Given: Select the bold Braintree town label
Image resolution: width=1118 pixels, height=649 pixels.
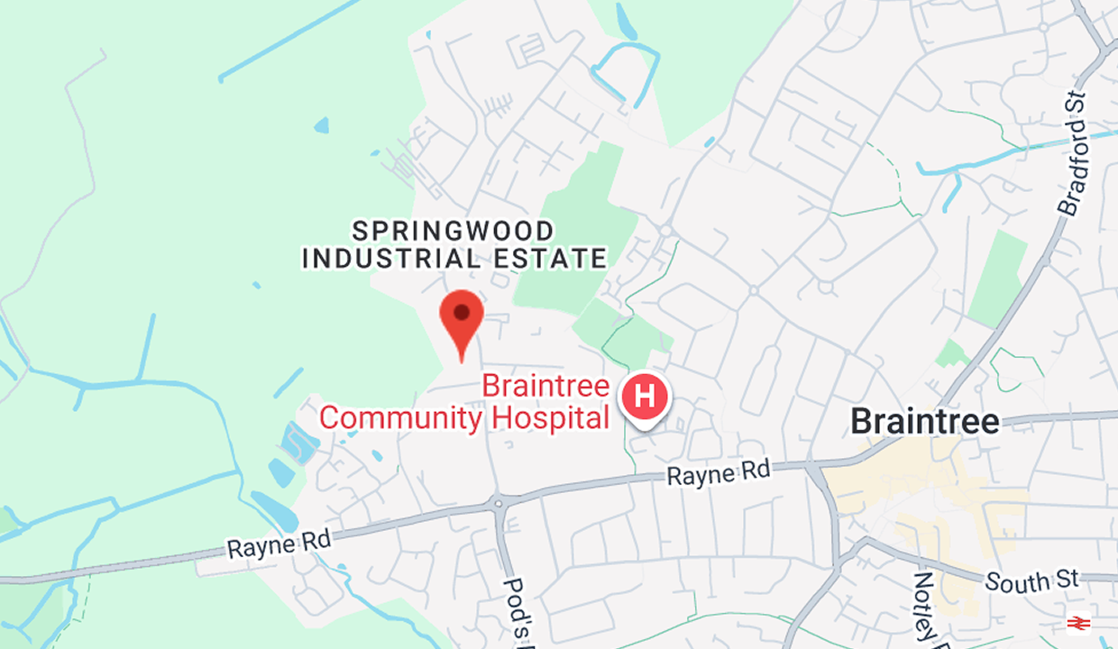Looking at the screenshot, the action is [x=925, y=422].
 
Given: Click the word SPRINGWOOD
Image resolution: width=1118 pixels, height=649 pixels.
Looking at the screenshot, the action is [x=453, y=231].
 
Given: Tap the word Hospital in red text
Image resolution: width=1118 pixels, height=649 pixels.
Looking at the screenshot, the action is [x=550, y=417].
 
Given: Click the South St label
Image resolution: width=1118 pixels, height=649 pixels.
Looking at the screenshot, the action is [x=1031, y=581].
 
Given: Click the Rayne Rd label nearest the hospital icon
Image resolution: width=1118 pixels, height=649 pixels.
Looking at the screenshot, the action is [x=719, y=472].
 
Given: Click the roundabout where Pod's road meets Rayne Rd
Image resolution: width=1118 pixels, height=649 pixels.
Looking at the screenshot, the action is [x=496, y=502].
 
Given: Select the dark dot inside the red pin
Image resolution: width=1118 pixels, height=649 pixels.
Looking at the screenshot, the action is [x=462, y=313].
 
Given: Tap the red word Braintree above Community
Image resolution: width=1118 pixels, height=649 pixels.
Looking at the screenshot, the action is [x=545, y=386].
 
